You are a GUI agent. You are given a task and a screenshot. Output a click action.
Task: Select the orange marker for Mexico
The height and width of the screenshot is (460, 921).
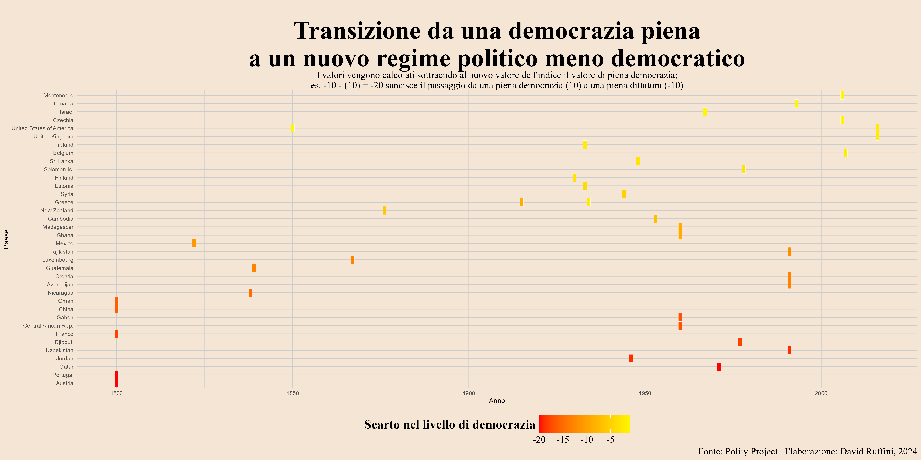tap(194, 243)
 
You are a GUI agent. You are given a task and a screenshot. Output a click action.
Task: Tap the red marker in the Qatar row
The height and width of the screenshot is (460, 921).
tap(719, 367)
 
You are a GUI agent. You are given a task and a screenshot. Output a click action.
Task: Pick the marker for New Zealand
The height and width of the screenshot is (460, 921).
tap(384, 210)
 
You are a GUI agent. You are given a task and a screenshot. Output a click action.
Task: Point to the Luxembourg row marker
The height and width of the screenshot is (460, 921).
tap(353, 260)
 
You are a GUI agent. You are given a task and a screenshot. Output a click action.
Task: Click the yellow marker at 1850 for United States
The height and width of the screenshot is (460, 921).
tap(293, 128)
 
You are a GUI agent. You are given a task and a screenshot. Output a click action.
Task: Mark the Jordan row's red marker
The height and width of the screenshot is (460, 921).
tap(631, 359)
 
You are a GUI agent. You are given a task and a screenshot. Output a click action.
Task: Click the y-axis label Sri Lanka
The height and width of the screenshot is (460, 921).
tap(62, 161)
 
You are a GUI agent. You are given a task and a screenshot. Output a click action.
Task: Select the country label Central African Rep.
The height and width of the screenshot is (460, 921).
tap(48, 326)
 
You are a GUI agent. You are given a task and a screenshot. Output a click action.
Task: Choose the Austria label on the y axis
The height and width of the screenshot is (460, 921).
tap(65, 383)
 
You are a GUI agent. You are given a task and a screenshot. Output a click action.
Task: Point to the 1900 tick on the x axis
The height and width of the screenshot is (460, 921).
tap(469, 393)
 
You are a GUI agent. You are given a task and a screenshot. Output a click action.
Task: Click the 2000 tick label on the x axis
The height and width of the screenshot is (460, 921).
tap(821, 393)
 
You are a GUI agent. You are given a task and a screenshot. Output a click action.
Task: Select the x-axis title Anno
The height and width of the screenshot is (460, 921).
tap(497, 401)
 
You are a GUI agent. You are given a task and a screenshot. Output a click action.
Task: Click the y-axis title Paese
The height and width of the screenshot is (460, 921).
tap(6, 239)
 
